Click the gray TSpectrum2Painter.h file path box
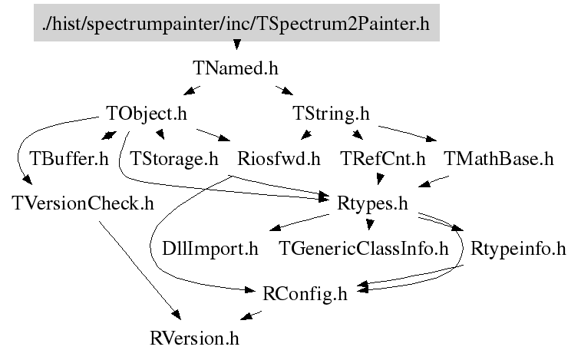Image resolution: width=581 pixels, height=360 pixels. pyautogui.click(x=237, y=24)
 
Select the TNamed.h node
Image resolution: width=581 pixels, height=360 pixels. pyautogui.click(x=234, y=68)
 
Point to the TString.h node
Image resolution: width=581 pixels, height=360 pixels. pyautogui.click(x=332, y=114)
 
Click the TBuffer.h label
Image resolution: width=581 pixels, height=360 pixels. pyautogui.click(x=69, y=160)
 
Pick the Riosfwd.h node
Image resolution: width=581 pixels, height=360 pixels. pyautogui.click(x=279, y=160)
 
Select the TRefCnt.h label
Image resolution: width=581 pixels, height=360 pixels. pyautogui.click(x=382, y=160)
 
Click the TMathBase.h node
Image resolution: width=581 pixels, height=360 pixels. pyautogui.click(x=498, y=160)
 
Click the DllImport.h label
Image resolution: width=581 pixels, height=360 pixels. pyautogui.click(x=210, y=249)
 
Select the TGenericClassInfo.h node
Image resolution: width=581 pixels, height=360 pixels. pyautogui.click(x=363, y=249)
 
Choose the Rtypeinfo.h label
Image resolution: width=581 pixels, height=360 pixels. pyautogui.click(x=518, y=249)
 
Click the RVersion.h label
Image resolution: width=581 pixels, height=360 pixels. pyautogui.click(x=199, y=337)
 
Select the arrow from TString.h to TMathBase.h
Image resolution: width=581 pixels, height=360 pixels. pyautogui.click(x=407, y=132)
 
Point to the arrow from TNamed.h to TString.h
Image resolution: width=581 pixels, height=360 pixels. pyautogui.click(x=283, y=91)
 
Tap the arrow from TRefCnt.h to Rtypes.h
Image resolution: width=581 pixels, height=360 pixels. pyautogui.click(x=378, y=181)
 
